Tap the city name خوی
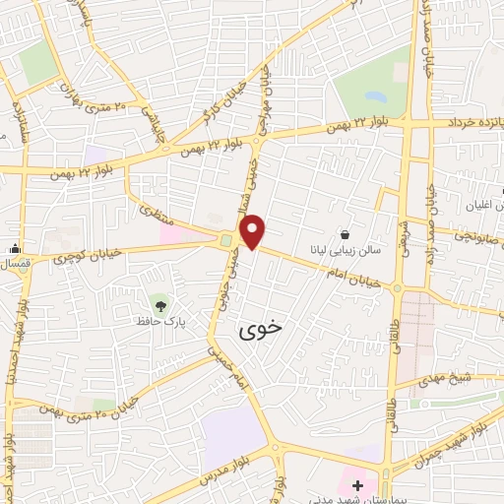tap(260, 333)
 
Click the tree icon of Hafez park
tap(158, 300)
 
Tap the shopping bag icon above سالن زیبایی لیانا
tap(345, 234)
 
